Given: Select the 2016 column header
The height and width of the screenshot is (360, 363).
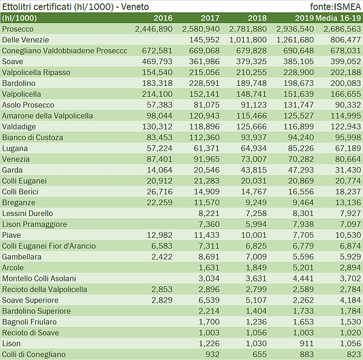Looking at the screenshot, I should click(x=163, y=18).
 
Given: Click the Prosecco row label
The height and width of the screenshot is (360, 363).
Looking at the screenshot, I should click(x=18, y=28).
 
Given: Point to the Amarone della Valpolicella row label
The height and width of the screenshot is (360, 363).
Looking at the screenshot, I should click(x=48, y=116).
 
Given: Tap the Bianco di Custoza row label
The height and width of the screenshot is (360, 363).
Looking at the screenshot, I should click(x=33, y=137).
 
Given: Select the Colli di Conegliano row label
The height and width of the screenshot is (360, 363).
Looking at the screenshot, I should click(x=34, y=354).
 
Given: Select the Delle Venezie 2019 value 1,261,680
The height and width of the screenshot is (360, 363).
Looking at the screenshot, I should click(x=295, y=39).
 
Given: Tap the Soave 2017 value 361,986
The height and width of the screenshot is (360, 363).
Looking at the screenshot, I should click(x=204, y=61).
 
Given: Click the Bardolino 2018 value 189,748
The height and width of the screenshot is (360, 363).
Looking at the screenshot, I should click(x=250, y=83).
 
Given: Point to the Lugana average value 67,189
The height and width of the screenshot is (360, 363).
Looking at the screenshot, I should click(x=345, y=148).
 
